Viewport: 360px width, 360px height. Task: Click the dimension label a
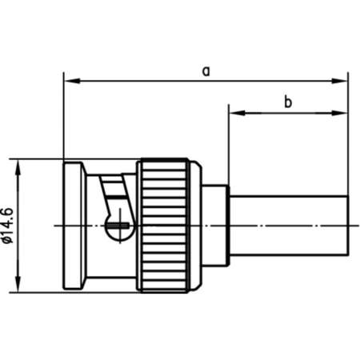pos(206,70)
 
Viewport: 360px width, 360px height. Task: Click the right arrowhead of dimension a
pos(343,80)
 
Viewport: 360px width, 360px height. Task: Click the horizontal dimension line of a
pos(160,80)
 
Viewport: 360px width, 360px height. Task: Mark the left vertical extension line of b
pos(230,144)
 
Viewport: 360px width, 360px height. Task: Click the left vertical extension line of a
pos(62,120)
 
